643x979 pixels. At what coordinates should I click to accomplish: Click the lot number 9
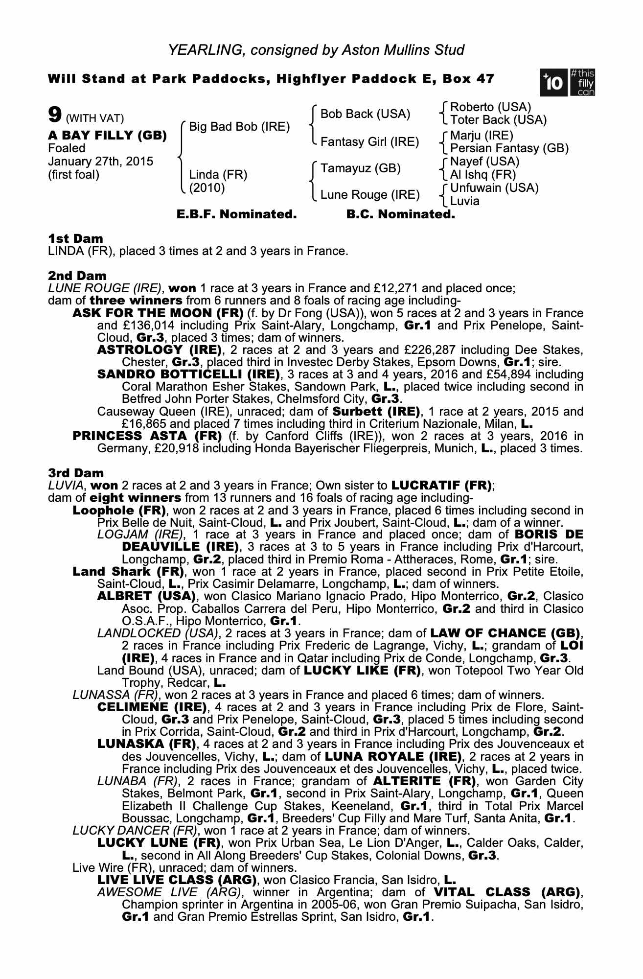(54, 115)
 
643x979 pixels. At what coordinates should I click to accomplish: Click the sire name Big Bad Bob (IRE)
(239, 127)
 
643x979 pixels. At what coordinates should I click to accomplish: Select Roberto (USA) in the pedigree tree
(490, 107)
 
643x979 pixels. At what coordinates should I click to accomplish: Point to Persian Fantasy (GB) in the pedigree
(509, 148)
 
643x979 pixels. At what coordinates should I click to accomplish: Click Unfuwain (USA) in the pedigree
(494, 187)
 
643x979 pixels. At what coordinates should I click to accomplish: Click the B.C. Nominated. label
(400, 214)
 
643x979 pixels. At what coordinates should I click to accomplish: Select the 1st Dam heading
(76, 238)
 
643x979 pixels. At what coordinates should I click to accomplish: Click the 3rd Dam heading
(76, 473)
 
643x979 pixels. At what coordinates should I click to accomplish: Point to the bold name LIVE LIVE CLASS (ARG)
(177, 880)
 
